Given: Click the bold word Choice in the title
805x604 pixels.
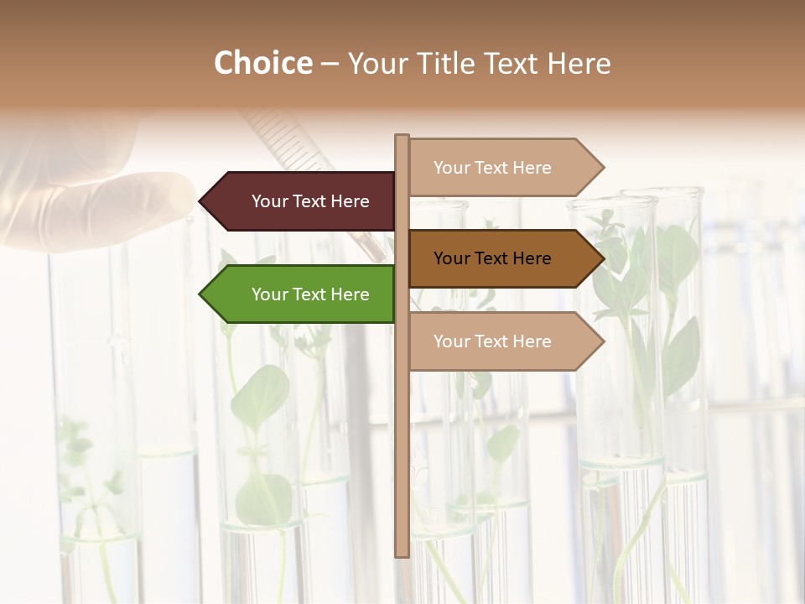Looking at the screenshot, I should tap(262, 64).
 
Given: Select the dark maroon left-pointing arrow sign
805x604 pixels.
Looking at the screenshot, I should tap(299, 201).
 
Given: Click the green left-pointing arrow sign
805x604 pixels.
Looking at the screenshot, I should tap(299, 294).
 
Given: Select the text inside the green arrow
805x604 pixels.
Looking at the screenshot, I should tap(310, 294).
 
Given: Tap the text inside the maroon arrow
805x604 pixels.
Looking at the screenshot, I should tap(310, 201).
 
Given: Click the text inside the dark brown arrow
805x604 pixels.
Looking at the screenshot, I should tap(492, 258).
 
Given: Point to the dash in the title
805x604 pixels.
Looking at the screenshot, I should tap(330, 65).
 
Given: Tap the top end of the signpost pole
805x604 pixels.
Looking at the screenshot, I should tap(402, 137).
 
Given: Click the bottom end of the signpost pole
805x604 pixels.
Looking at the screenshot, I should tap(402, 554).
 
